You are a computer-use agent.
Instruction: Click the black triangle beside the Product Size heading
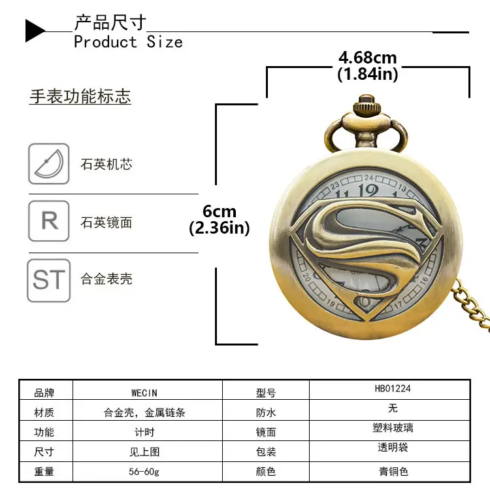[x=34, y=31]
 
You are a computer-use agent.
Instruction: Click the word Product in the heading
[x=106, y=42]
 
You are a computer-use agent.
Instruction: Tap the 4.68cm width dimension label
[x=367, y=58]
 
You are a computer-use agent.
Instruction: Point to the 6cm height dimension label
[x=220, y=211]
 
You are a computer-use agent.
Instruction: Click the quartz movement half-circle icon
[x=49, y=164]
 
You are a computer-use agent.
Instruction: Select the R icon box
[x=49, y=221]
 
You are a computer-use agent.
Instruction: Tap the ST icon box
[x=49, y=280]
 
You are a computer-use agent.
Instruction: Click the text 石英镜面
[x=106, y=222]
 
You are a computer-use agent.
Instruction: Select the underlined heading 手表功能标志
[x=80, y=96]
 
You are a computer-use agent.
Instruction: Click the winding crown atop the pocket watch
[x=367, y=105]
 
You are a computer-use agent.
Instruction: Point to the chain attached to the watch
[x=472, y=306]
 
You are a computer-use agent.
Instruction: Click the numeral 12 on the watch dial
[x=368, y=191]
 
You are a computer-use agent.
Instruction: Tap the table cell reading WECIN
[x=144, y=393]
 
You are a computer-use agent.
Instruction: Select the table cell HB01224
[x=393, y=389]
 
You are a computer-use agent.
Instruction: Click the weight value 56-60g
[x=144, y=472]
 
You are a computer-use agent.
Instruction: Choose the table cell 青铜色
[x=393, y=472]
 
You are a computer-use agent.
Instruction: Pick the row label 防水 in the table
[x=266, y=412]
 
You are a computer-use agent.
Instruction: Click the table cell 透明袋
[x=393, y=448]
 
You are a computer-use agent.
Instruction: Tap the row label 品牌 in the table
[x=44, y=393]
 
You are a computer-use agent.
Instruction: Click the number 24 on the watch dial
[x=368, y=178]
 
